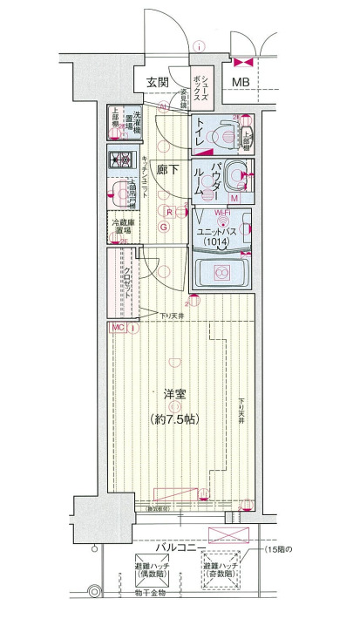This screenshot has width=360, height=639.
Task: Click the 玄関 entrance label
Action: click(x=158, y=82)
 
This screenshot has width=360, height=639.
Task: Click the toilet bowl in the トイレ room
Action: click(x=226, y=133)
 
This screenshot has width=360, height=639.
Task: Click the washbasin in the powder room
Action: click(x=233, y=178)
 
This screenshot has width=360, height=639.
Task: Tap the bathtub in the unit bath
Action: click(x=221, y=273)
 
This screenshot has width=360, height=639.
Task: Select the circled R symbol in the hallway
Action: click(x=168, y=211)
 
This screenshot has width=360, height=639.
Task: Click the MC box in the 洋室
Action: click(x=118, y=327)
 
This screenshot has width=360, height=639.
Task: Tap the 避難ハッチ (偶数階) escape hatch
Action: click(x=151, y=566)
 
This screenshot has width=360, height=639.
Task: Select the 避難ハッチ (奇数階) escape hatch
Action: click(x=220, y=566)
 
